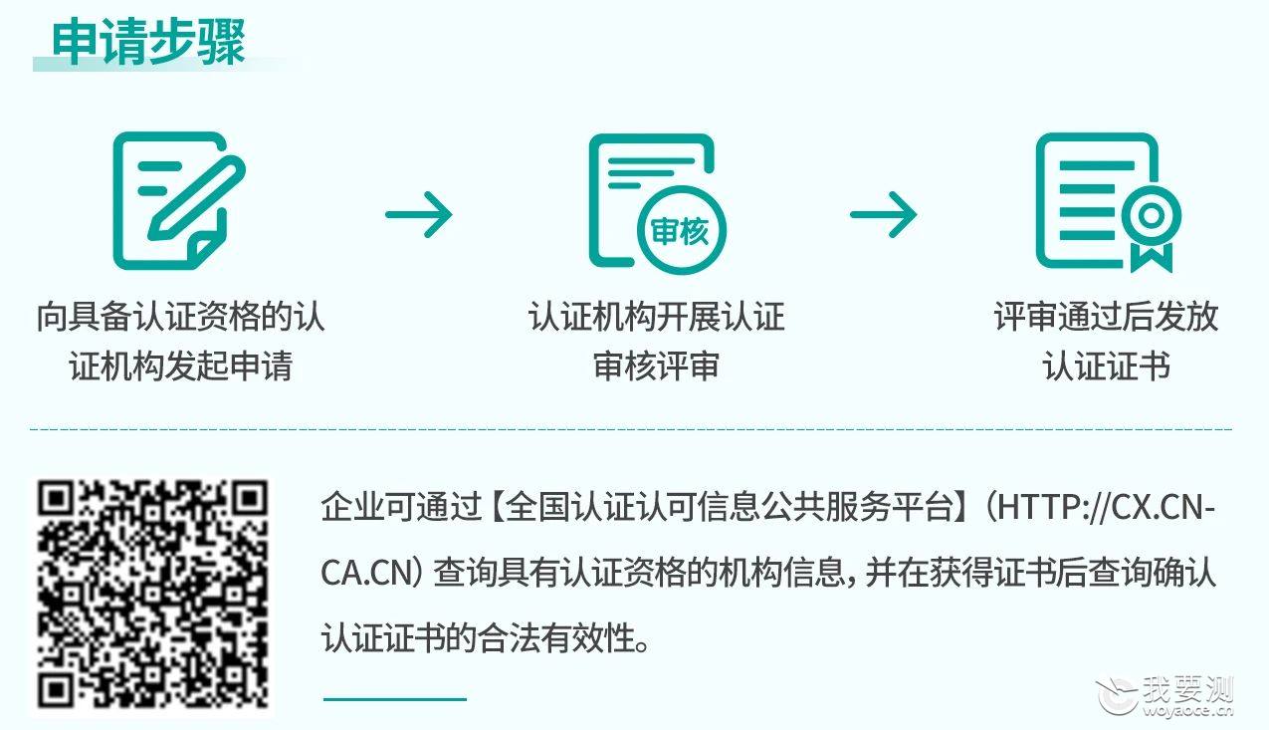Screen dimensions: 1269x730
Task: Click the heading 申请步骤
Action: [148, 42]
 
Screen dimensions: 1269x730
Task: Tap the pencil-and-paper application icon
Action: [179, 200]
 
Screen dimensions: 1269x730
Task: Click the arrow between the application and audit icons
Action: [419, 214]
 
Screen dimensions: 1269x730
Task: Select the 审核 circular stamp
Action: [682, 231]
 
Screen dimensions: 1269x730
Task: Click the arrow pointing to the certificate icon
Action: [883, 214]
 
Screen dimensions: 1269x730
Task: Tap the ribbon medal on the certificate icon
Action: [1152, 228]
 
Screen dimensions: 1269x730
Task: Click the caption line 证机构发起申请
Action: [181, 365]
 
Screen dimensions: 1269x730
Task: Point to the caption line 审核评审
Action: [656, 365]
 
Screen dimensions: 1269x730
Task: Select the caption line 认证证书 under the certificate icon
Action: [1106, 365]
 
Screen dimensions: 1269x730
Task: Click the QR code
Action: [152, 595]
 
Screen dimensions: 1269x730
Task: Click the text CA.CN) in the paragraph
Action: [372, 573]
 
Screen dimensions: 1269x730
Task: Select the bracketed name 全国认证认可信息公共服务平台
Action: [729, 507]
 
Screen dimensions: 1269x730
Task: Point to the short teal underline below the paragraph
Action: [395, 699]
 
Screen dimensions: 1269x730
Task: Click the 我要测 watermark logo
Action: [1165, 696]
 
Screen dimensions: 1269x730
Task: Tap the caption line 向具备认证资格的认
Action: [181, 317]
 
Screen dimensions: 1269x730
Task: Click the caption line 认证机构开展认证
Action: [656, 317]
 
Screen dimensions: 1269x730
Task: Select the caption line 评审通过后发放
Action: [1106, 317]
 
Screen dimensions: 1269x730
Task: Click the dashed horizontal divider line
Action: [631, 429]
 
